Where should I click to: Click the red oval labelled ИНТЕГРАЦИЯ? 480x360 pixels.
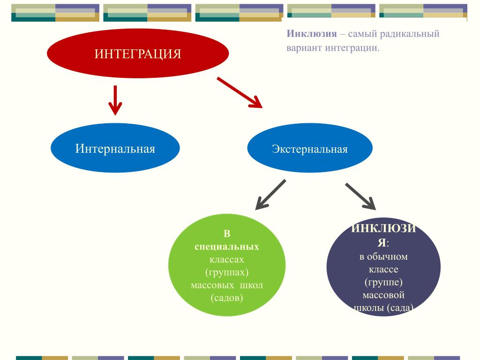(x=138, y=53)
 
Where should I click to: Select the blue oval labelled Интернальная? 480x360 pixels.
(x=115, y=149)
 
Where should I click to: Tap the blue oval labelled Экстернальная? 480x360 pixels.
(x=310, y=149)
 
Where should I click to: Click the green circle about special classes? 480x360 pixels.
(x=227, y=265)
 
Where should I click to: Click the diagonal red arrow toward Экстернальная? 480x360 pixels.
(x=239, y=92)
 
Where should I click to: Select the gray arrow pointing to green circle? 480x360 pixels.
(x=270, y=195)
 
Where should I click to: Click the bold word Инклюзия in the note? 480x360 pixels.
(x=312, y=34)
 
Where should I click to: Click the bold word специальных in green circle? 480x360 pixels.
(x=227, y=246)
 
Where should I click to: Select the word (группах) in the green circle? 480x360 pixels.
(x=227, y=272)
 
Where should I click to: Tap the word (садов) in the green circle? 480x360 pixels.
(x=227, y=298)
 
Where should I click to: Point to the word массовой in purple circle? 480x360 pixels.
(x=383, y=295)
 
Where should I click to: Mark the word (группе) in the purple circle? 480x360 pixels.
(x=383, y=283)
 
